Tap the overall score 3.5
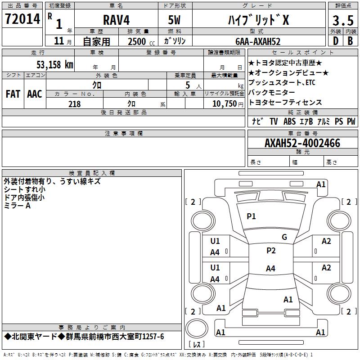pyautogui.click(x=342, y=21)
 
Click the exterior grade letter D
pyautogui.click(x=335, y=41)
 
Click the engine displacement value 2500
pyautogui.click(x=137, y=41)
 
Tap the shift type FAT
pyautogui.click(x=13, y=94)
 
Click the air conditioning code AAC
pyautogui.click(x=34, y=94)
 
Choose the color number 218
pyautogui.click(x=74, y=104)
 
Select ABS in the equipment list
pyautogui.click(x=289, y=121)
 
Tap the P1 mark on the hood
pyautogui.click(x=251, y=216)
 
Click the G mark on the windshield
pyautogui.click(x=284, y=237)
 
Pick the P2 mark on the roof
pyautogui.click(x=270, y=251)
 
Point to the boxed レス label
pyautogui.click(x=196, y=344)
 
